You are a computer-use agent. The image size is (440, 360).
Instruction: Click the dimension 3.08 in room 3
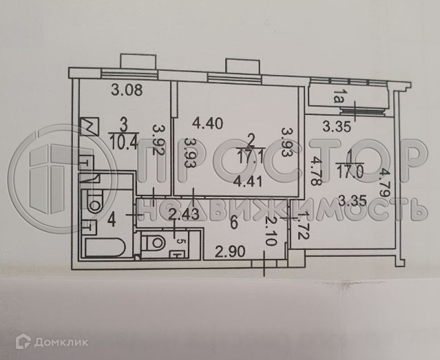[125, 89]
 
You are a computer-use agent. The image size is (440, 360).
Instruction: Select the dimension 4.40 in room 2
[208, 125]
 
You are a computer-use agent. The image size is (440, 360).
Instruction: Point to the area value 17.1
[253, 156]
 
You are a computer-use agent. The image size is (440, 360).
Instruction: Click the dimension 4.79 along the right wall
[387, 183]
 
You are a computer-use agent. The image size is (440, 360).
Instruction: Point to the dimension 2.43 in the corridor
[183, 215]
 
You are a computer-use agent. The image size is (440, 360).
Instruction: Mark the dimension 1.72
[297, 226]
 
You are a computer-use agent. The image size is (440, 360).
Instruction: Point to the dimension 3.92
[159, 141]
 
